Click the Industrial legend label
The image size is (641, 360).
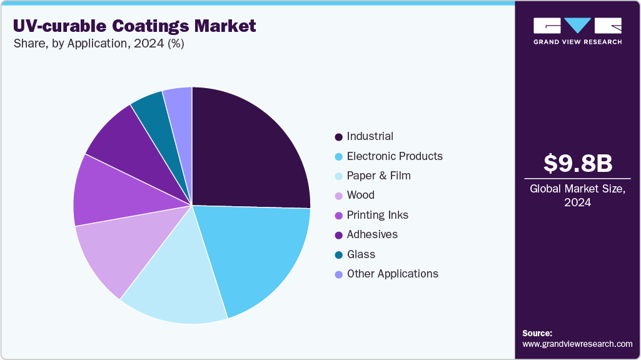click(x=370, y=136)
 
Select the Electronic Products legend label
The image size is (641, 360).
click(x=394, y=156)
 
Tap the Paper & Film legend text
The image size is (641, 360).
click(x=378, y=176)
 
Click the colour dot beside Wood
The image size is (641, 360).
click(x=338, y=196)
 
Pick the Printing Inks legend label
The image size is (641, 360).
click(x=377, y=215)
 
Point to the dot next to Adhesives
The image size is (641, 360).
click(x=338, y=235)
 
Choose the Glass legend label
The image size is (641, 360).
click(x=361, y=254)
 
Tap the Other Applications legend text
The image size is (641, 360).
click(x=392, y=274)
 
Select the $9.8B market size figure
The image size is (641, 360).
click(x=577, y=163)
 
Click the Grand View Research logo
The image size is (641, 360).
click(x=577, y=30)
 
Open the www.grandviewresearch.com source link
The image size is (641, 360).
click(x=577, y=344)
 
